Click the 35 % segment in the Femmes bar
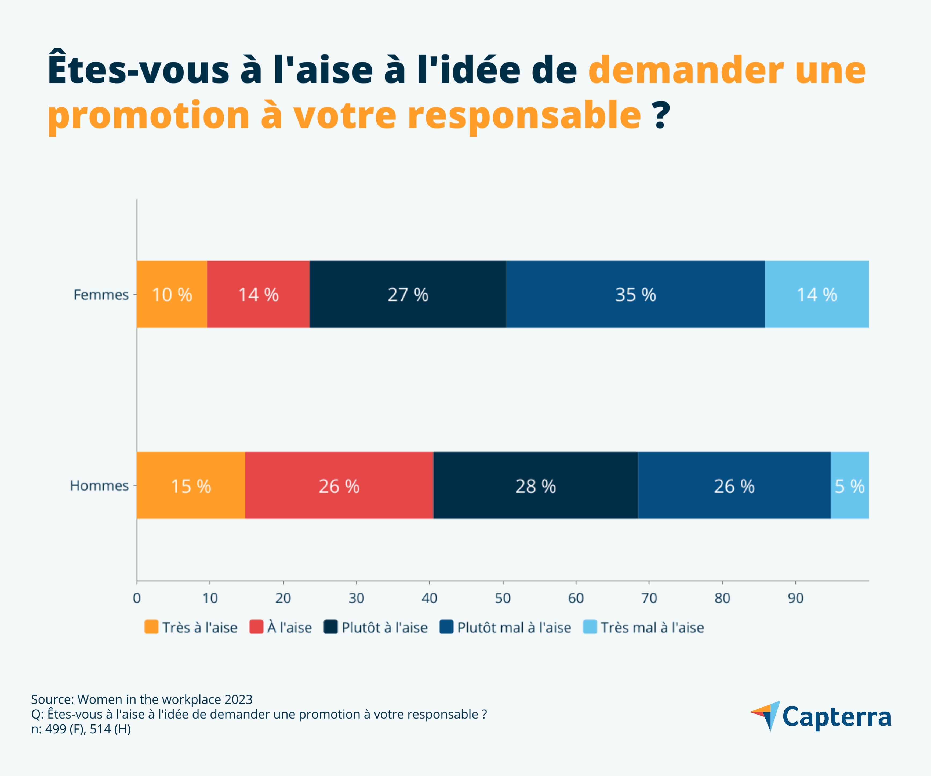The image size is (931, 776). click(x=635, y=295)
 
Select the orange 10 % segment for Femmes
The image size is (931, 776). click(x=172, y=295)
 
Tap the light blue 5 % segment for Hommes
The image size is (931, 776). click(x=849, y=485)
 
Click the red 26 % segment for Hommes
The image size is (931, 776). click(x=339, y=485)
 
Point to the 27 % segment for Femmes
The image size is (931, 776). click(x=408, y=295)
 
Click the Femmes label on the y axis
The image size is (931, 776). click(x=101, y=295)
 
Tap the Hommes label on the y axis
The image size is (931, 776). click(x=99, y=485)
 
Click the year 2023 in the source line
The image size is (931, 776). click(x=238, y=699)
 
